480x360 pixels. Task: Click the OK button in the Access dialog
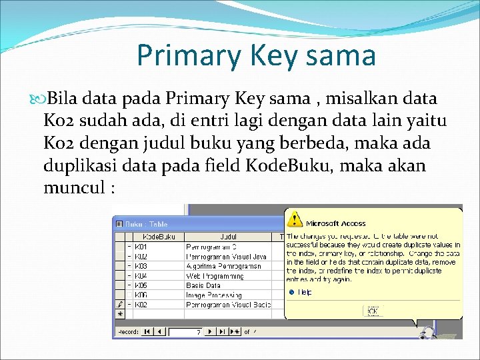pyautogui.click(x=373, y=311)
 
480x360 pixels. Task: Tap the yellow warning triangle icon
pyautogui.click(x=294, y=219)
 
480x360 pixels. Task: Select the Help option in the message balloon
pyautogui.click(x=304, y=292)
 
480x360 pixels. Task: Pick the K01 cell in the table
pyautogui.click(x=141, y=247)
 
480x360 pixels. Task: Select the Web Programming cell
pyautogui.click(x=215, y=275)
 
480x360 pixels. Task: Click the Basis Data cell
pyautogui.click(x=203, y=285)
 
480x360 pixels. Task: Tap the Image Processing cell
pyautogui.click(x=213, y=295)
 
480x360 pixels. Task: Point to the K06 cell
pyautogui.click(x=141, y=295)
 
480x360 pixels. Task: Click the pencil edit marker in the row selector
pyautogui.click(x=120, y=305)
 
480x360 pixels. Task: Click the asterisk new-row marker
pyautogui.click(x=120, y=313)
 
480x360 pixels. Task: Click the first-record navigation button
pyautogui.click(x=147, y=331)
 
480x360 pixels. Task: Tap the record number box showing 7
pyautogui.click(x=184, y=331)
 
